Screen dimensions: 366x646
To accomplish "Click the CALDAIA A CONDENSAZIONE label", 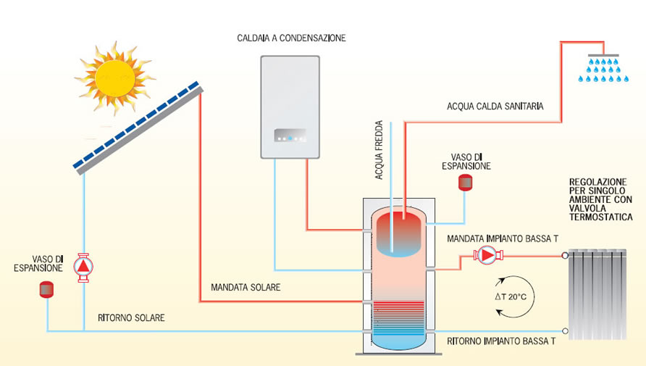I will (x=292, y=38).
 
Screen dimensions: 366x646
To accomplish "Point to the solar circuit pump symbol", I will (x=85, y=266).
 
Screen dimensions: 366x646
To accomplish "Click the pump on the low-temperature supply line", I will (x=486, y=255).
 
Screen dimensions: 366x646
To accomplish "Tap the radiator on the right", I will (x=597, y=294).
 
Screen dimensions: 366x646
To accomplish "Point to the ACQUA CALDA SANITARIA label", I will (x=495, y=107).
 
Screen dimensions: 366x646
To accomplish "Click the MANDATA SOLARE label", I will (x=246, y=288).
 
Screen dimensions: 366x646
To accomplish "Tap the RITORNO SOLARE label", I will (x=131, y=317).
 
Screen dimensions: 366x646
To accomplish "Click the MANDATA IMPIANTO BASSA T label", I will (x=503, y=238).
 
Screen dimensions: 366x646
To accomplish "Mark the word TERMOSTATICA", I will (x=599, y=217).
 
